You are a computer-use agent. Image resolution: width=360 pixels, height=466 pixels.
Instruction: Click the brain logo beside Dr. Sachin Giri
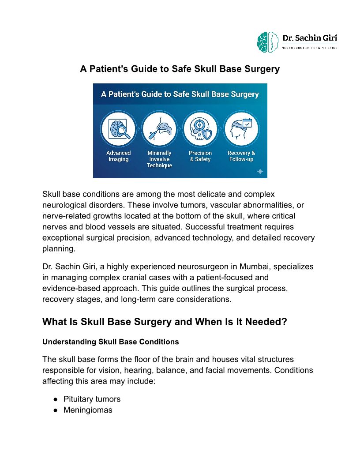pos(268,41)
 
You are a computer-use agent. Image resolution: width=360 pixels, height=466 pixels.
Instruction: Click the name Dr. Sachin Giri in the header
pos(310,38)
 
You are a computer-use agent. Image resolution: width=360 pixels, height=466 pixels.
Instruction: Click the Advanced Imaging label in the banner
pos(118,156)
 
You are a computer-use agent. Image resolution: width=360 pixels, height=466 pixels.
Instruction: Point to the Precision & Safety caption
pos(200,156)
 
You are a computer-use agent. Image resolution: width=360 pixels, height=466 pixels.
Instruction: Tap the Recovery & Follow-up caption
pos(241,156)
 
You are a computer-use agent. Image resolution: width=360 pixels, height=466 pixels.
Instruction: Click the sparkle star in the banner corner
pos(260,171)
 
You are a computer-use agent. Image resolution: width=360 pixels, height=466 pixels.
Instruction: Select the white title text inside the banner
pos(180,94)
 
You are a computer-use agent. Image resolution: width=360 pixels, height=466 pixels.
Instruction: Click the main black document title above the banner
pos(180,69)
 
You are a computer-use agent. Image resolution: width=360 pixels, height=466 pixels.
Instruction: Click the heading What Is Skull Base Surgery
pos(165,322)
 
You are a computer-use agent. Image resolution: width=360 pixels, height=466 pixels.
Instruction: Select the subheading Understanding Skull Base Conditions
pos(110,342)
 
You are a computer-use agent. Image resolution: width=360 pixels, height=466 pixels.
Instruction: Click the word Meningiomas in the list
pos(88,410)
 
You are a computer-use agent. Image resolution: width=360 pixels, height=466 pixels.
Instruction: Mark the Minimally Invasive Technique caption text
pos(159,159)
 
